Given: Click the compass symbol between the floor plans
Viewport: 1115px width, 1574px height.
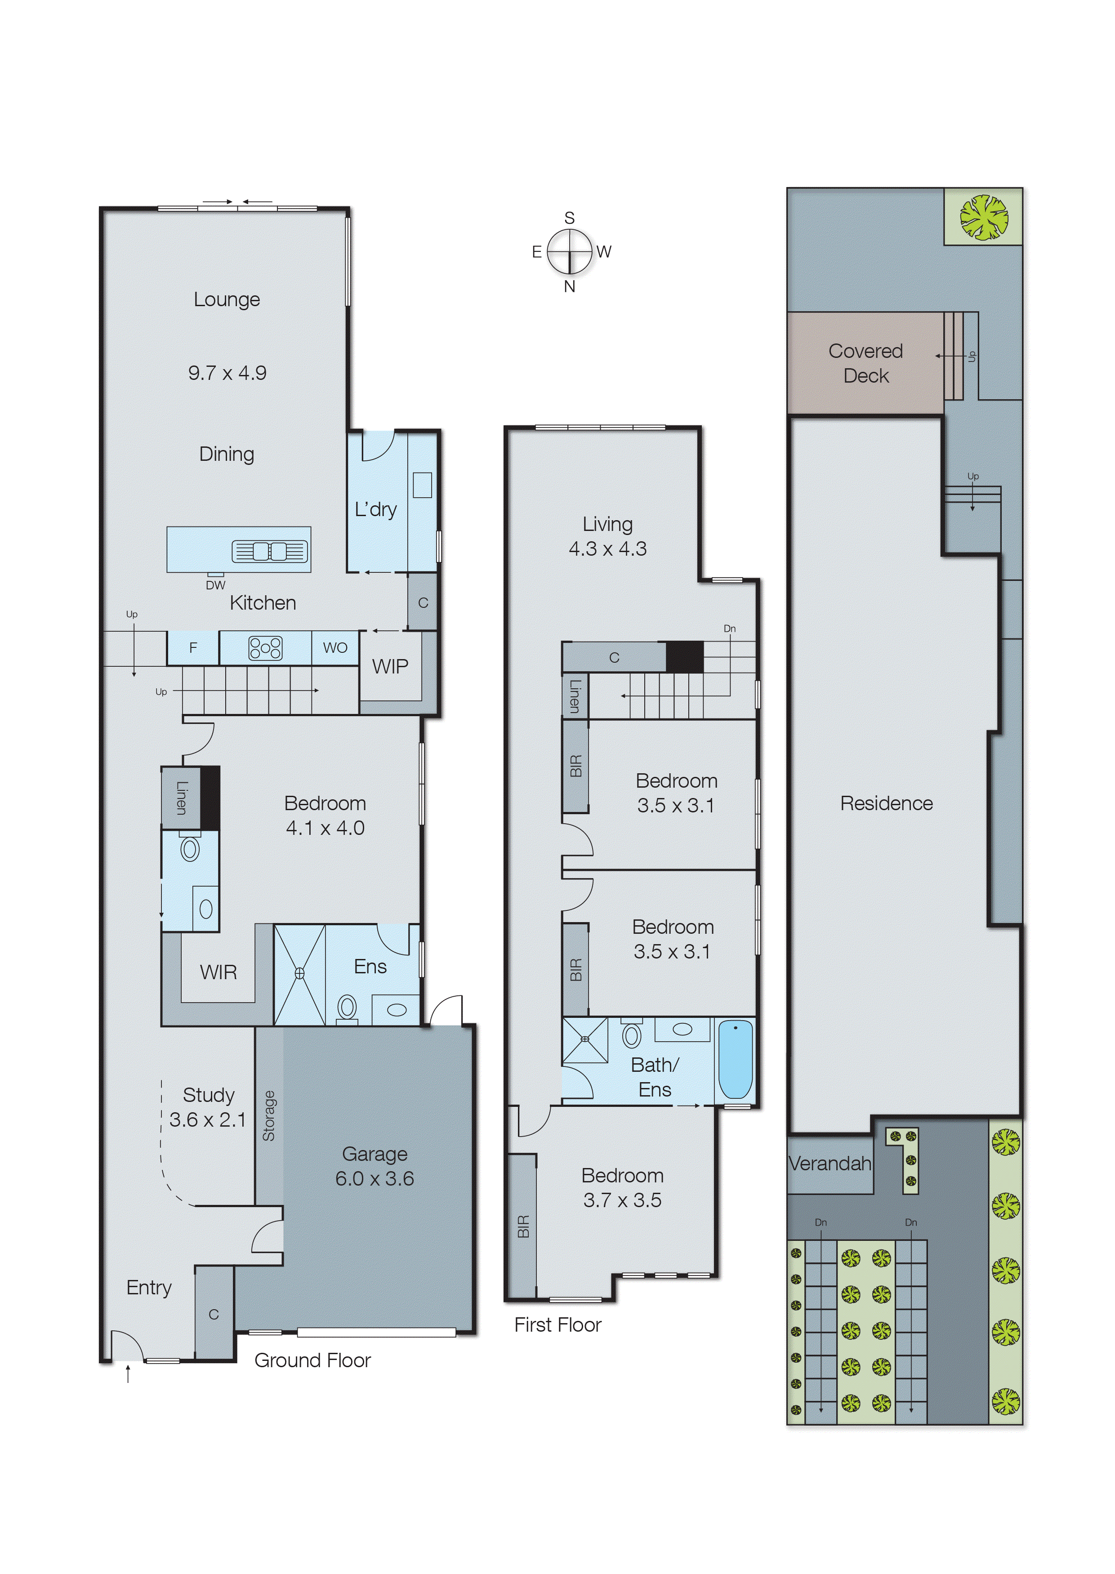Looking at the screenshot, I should click(x=569, y=252).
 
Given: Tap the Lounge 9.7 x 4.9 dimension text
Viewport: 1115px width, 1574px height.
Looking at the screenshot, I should click(x=227, y=373).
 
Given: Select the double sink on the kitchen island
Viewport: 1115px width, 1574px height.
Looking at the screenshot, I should click(x=269, y=551).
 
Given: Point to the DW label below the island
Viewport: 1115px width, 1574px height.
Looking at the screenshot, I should click(x=216, y=585).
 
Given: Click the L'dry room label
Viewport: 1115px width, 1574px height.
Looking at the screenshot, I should click(x=375, y=509).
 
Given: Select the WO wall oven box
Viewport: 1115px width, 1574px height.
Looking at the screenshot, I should click(x=335, y=647).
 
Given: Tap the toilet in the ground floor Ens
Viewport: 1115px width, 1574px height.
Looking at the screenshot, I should click(x=348, y=1008).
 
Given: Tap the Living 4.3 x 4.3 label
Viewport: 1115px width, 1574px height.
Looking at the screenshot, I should click(x=607, y=536).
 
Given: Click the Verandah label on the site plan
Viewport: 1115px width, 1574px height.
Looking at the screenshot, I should click(x=830, y=1164).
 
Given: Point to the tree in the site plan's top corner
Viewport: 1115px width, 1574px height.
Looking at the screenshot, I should click(x=983, y=217).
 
